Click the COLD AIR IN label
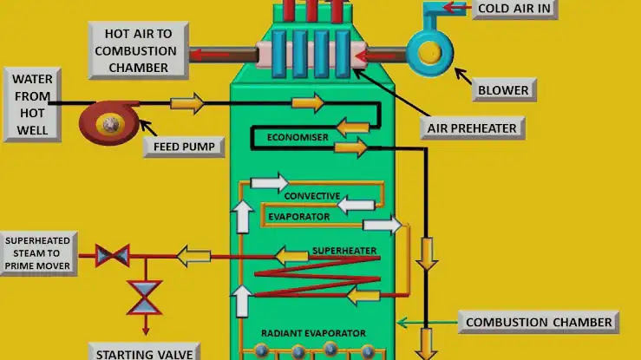click(514, 9)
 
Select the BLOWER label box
click(504, 90)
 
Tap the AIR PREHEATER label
click(472, 128)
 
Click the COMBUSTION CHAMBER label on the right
click(539, 322)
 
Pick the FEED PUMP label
click(184, 147)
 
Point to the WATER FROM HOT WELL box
click(32, 105)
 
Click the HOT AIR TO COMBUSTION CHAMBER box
click(138, 50)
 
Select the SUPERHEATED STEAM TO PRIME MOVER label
click(37, 253)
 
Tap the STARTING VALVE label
click(144, 353)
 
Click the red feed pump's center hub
click(110, 124)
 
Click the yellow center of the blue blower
click(429, 53)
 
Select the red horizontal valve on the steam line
click(113, 256)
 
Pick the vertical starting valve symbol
click(145, 298)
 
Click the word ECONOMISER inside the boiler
click(298, 137)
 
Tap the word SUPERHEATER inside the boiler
click(344, 251)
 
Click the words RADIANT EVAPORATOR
click(313, 333)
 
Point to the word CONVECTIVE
click(312, 196)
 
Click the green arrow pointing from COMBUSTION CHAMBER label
click(428, 323)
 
